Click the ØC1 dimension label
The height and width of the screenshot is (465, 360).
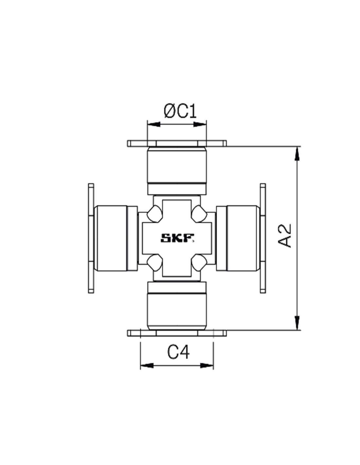tap(180, 111)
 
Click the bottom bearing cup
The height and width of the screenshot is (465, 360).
tap(177, 306)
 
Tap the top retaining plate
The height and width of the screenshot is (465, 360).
tap(177, 143)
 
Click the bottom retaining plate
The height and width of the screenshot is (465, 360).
tap(177, 333)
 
